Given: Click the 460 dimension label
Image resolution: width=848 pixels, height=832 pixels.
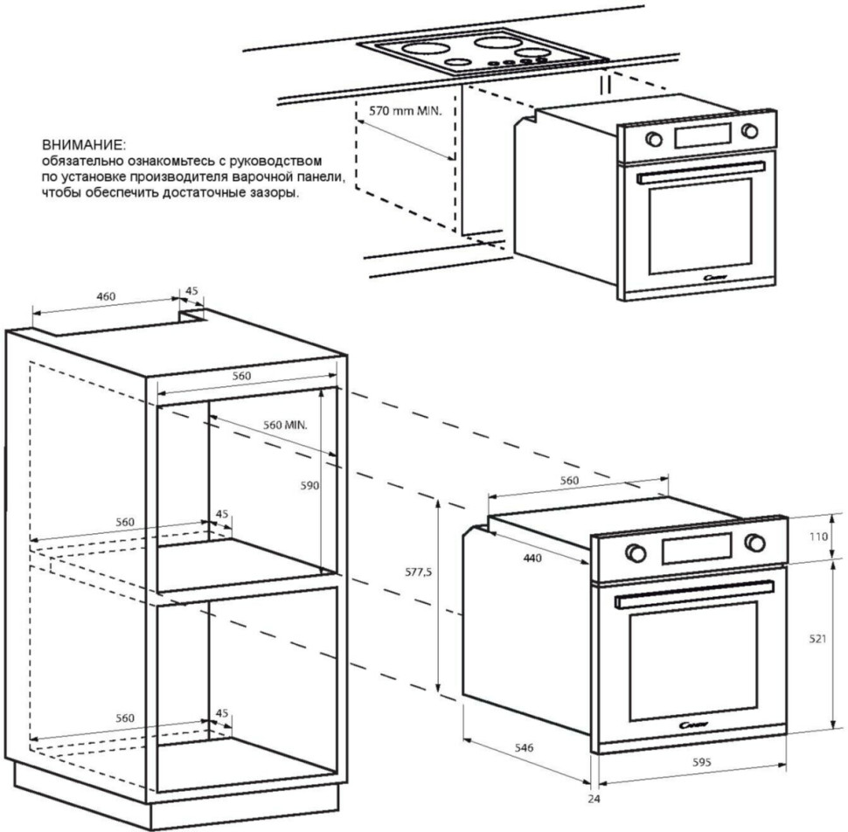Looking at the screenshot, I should click(x=106, y=297).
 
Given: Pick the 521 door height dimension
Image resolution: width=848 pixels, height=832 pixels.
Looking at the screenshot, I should click(x=817, y=640).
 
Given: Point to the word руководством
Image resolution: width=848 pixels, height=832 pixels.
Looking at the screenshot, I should click(x=282, y=163).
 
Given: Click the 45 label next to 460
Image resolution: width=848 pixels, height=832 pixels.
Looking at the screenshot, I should click(x=192, y=291).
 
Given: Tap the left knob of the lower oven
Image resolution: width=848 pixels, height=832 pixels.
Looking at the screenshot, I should click(x=636, y=553).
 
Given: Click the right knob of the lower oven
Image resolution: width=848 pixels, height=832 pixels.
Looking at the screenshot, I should click(x=753, y=542).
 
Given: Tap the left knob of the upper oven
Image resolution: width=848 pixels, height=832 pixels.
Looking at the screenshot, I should click(x=653, y=139).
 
